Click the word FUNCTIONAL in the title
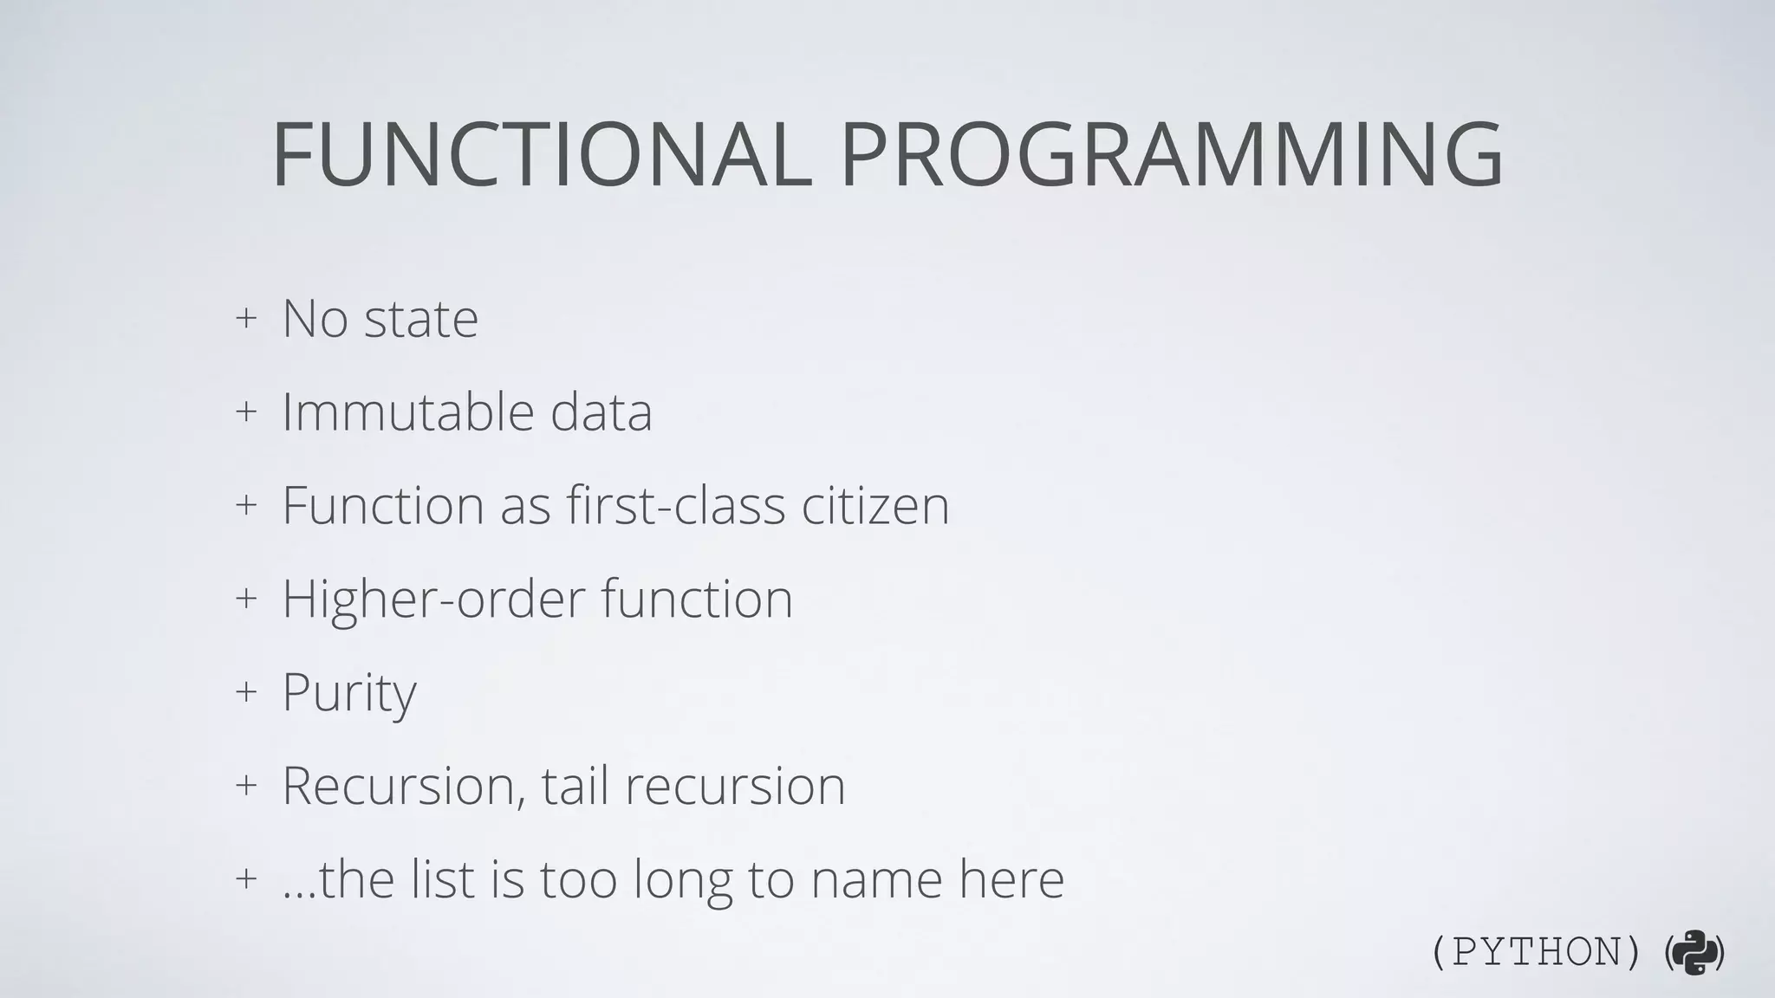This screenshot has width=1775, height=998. (x=542, y=156)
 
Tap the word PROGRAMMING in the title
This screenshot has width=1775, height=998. (x=1172, y=156)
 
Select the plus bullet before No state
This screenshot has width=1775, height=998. (x=246, y=318)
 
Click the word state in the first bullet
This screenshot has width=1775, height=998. (x=421, y=319)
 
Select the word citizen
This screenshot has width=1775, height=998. (x=875, y=505)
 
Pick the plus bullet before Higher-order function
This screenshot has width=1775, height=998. (x=246, y=598)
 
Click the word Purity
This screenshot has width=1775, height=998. (x=349, y=693)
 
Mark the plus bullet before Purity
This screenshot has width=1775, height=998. (x=246, y=691)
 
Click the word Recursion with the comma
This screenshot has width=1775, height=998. (x=404, y=786)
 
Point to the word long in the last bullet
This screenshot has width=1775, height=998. (x=682, y=880)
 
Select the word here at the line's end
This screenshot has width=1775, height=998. (x=1011, y=879)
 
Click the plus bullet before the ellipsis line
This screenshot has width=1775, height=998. (x=246, y=878)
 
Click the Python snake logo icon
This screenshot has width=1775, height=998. (x=1694, y=953)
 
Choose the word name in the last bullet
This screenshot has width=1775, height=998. (x=875, y=879)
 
